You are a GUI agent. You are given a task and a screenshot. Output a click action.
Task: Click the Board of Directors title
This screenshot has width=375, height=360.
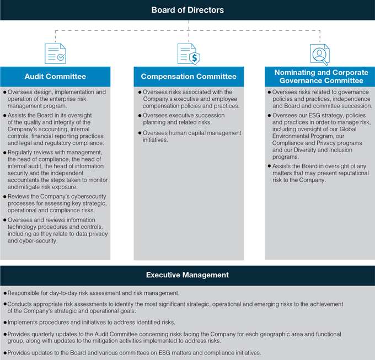[x=188, y=10]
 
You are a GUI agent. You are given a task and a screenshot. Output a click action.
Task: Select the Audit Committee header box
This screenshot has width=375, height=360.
[x=55, y=76]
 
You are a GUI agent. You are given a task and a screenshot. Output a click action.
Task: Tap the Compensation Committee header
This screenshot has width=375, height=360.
[x=188, y=76]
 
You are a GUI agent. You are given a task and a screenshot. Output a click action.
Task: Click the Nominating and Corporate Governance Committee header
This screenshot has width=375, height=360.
[x=320, y=76]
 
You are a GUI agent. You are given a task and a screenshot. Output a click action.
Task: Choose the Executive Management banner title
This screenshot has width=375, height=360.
[x=187, y=274]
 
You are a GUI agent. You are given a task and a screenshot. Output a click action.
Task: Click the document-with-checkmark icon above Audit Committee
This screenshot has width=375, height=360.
[x=56, y=53]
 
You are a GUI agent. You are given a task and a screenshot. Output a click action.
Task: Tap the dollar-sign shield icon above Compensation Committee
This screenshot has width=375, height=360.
[x=188, y=53]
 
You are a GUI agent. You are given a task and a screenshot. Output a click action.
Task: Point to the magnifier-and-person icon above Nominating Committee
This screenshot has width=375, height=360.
[x=320, y=53]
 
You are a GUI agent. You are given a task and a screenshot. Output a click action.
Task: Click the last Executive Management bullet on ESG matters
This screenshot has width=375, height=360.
[x=132, y=352]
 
